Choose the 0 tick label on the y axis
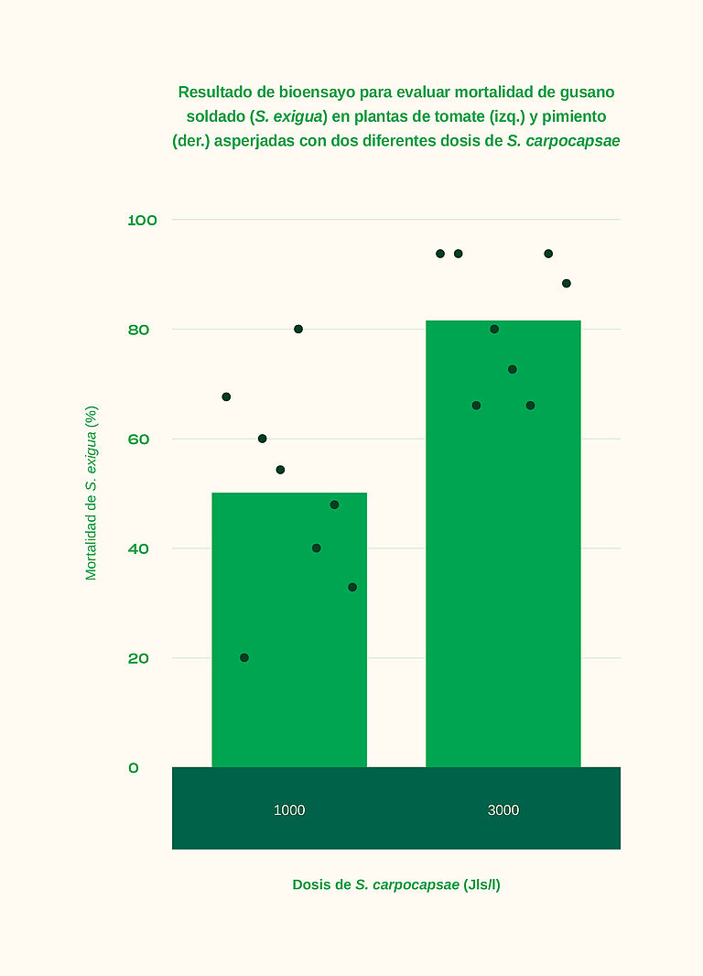pos(134,768)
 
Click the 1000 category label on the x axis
pos(289,810)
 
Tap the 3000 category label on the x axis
pos(503,810)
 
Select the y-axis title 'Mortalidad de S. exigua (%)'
pos(92,493)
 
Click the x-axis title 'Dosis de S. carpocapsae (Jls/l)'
pos(396,884)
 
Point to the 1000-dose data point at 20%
pos(244,657)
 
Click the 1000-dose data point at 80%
pos(298,329)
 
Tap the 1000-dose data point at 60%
pos(262,439)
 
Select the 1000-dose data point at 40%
pos(317,548)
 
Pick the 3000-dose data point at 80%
pos(494,329)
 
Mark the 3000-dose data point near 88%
pos(567,283)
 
